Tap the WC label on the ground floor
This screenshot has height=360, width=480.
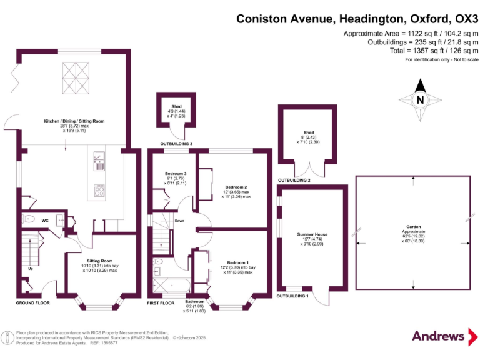pyautogui.click(x=45, y=221)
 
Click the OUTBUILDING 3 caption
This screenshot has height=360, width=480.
pyautogui.click(x=176, y=144)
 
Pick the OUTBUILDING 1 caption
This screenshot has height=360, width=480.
pyautogui.click(x=292, y=296)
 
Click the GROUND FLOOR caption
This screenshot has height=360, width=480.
pyautogui.click(x=32, y=302)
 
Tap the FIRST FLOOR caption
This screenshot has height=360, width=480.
pyautogui.click(x=161, y=302)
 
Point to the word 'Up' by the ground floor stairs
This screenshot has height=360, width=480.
pyautogui.click(x=30, y=269)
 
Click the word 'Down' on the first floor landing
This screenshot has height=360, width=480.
pyautogui.click(x=179, y=221)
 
